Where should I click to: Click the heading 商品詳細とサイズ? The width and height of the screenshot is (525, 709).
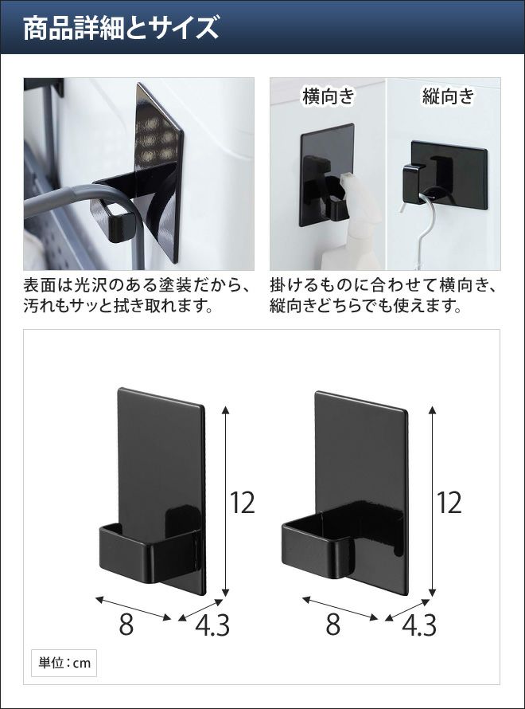pos(121,28)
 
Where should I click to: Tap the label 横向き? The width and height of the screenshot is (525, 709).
pos(329,96)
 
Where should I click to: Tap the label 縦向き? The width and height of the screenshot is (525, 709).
pos(449,96)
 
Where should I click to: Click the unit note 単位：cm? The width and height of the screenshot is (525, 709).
pos(64,664)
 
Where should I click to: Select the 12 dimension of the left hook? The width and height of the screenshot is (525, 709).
pos(243,503)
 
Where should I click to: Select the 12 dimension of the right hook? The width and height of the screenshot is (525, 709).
pos(449,503)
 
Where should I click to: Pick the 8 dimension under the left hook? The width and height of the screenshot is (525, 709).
pos(126,625)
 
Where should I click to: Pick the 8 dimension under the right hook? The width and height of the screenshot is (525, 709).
pos(332,625)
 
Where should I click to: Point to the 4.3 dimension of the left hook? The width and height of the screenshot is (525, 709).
pos(212,625)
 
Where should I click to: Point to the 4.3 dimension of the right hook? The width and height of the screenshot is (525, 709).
pos(419,625)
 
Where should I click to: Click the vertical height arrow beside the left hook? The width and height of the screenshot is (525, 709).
pos(226,501)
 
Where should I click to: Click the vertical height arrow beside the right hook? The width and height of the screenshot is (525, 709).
pos(433,501)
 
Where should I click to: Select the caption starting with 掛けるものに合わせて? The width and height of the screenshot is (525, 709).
pos(384,296)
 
